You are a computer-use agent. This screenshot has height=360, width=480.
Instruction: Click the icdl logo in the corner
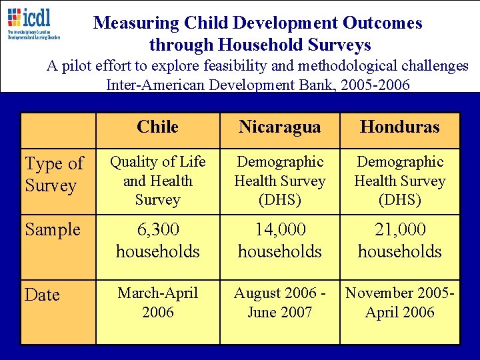(33, 23)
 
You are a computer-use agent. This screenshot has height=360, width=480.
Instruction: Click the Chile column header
(157, 127)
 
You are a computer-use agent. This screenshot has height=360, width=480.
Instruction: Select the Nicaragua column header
(279, 127)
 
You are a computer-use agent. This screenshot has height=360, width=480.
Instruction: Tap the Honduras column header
(399, 127)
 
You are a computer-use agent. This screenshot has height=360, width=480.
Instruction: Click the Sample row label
(53, 229)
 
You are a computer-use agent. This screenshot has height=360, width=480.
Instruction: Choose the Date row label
(42, 295)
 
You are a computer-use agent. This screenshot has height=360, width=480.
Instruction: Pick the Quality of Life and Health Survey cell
(157, 181)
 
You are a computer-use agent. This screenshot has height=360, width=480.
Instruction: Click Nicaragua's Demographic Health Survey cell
(279, 181)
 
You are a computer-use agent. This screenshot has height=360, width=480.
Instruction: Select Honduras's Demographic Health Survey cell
(399, 181)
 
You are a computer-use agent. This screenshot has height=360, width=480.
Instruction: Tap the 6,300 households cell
(157, 240)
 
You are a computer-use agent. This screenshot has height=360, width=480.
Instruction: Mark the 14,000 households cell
(279, 240)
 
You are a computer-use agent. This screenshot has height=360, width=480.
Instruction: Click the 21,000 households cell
(399, 240)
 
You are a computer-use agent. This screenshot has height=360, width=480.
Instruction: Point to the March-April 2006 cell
(157, 302)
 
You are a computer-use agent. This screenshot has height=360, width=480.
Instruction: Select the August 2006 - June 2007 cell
(279, 302)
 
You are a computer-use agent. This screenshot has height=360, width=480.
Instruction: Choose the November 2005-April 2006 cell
(399, 302)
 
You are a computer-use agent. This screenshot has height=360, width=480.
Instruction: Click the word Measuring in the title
(137, 23)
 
